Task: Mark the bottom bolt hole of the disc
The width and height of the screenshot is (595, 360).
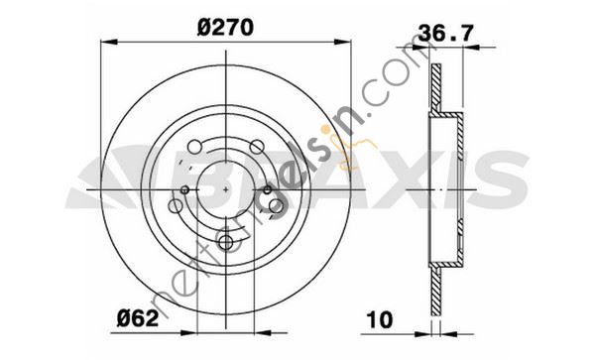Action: [227, 241]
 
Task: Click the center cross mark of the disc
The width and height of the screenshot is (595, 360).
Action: [227, 188]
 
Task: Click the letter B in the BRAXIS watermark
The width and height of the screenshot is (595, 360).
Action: [221, 181]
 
